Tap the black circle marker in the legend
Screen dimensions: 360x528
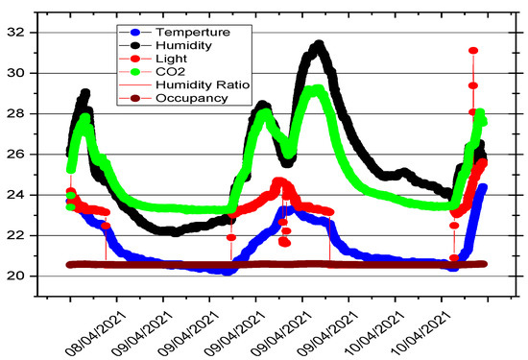(x=130, y=45)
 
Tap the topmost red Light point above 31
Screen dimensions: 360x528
(x=473, y=51)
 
